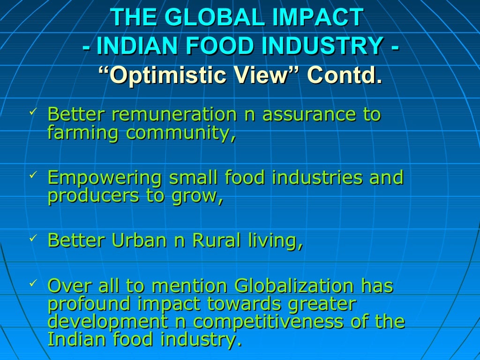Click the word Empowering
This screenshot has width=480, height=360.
coord(105,178)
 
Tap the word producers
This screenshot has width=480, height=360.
coord(93,196)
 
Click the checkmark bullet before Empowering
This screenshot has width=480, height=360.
coord(32,175)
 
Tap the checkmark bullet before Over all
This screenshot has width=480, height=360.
coord(32,283)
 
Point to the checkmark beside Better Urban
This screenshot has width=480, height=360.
coord(32,238)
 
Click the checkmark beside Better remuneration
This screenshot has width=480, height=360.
coord(32,112)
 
